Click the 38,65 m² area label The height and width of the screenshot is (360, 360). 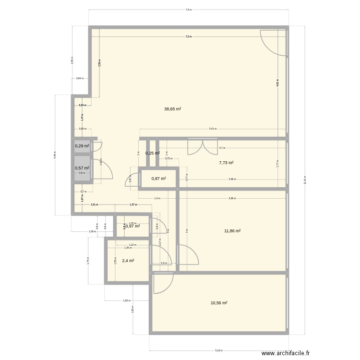click(x=172, y=109)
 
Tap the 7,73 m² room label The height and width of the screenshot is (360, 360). click(x=226, y=163)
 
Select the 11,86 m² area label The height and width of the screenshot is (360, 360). click(x=232, y=231)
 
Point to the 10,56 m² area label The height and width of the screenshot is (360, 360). click(x=218, y=303)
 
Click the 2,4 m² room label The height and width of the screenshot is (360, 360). click(x=128, y=261)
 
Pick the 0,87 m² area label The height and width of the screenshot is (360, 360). click(x=158, y=179)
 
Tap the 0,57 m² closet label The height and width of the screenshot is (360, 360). click(x=82, y=168)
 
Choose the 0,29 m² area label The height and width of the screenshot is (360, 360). click(x=82, y=146)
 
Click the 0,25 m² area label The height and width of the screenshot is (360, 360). click(x=152, y=153)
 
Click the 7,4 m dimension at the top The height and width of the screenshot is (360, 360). click(x=188, y=10)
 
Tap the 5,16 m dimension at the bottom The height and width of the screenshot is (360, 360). click(x=219, y=350)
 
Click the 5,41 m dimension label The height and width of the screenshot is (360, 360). click(x=212, y=129)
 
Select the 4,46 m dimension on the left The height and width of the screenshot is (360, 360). click(x=55, y=155)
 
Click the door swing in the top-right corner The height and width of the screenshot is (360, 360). click(x=272, y=42)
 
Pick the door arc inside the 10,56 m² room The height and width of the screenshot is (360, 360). click(x=163, y=284)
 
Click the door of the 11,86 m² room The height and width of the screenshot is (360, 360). click(x=188, y=255)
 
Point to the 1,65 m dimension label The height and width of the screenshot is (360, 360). click(x=126, y=300)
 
